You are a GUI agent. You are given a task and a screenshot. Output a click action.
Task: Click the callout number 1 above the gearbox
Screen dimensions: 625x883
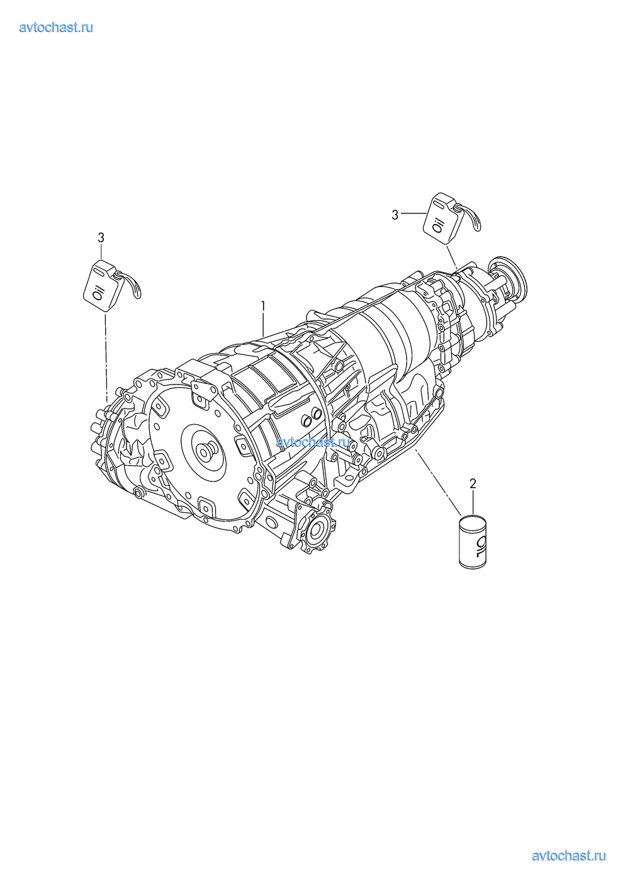pyautogui.click(x=262, y=306)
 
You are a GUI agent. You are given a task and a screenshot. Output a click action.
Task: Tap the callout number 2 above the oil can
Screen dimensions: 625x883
pyautogui.click(x=473, y=483)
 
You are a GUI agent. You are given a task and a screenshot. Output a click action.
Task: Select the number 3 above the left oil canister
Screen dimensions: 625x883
pyautogui.click(x=101, y=238)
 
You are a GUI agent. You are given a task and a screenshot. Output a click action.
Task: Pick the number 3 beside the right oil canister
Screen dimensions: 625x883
pyautogui.click(x=395, y=215)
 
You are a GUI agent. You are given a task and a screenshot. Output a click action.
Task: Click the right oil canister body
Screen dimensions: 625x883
pyautogui.click(x=440, y=219)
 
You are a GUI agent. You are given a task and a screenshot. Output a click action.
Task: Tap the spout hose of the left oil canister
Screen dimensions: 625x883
pyautogui.click(x=130, y=283)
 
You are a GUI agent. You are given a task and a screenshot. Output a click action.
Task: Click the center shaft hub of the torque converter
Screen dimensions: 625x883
pyautogui.click(x=206, y=450)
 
